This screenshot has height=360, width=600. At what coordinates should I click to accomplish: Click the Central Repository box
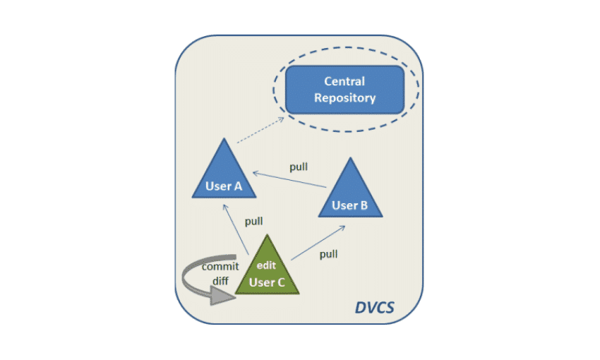(344, 90)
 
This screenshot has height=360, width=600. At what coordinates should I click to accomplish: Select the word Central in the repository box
(344, 81)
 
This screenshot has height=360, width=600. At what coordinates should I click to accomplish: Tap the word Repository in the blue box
(344, 98)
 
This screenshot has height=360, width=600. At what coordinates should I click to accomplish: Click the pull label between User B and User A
(299, 167)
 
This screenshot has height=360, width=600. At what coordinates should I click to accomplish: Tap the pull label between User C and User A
(253, 221)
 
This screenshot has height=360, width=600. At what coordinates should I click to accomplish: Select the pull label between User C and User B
(328, 254)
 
